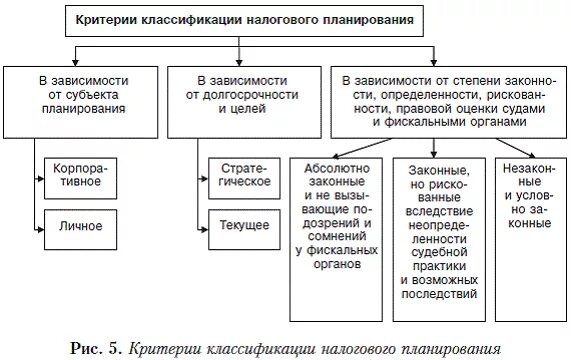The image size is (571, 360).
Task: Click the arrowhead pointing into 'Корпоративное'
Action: (41, 179)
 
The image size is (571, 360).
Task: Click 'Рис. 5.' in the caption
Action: (101, 347)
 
